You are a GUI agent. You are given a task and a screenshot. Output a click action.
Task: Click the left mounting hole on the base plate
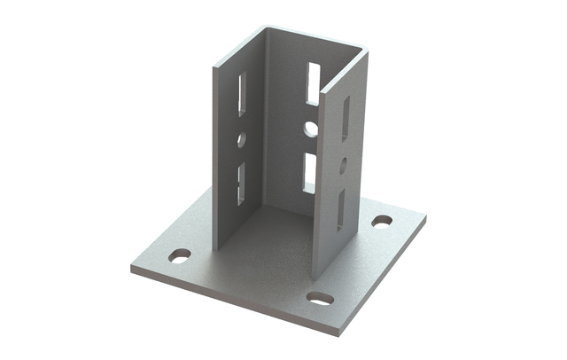click(180, 255)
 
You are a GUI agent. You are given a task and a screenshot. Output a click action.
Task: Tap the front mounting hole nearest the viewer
click(321, 298)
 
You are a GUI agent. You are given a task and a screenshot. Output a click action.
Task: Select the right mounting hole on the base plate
click(382, 220)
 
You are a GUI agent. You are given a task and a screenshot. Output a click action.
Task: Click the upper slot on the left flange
click(242, 93)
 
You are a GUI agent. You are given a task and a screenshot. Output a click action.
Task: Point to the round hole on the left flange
click(241, 139)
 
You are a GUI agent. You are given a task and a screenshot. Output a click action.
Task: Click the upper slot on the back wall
click(312, 82)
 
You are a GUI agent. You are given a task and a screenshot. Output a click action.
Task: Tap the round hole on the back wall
click(311, 129)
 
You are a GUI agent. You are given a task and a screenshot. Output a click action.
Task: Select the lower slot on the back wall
click(310, 172)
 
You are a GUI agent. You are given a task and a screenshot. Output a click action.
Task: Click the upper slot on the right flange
click(345, 118)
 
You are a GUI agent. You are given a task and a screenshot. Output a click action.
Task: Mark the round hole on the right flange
click(343, 164)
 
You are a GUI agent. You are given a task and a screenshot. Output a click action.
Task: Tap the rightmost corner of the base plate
click(424, 214)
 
